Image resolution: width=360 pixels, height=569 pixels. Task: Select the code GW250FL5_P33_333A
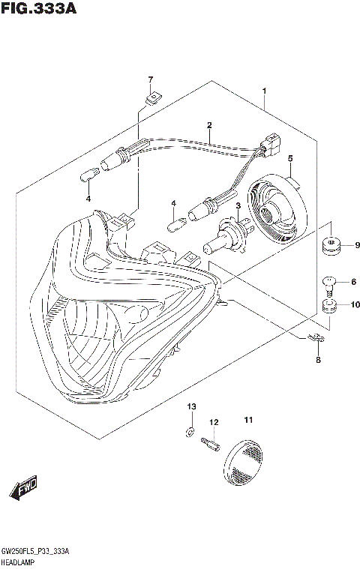(36, 550)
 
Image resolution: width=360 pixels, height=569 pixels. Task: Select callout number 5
(289, 158)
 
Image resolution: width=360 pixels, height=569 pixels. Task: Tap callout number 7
(150, 79)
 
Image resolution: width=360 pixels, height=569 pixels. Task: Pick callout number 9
(357, 245)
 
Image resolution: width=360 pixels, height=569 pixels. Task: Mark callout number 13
(190, 406)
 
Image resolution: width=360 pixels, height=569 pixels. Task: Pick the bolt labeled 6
(328, 283)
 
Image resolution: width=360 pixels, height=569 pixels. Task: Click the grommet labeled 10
(328, 305)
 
